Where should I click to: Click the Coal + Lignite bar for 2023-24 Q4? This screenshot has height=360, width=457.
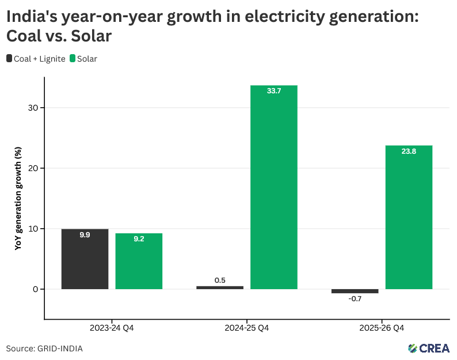[85, 259]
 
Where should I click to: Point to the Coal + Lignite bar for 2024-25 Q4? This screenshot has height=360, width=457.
[220, 287]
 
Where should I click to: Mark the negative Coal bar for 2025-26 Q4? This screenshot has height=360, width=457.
[355, 291]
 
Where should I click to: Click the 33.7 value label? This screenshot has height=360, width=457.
[273, 91]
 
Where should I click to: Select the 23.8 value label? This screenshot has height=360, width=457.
[409, 151]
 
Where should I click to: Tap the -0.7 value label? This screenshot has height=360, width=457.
[355, 299]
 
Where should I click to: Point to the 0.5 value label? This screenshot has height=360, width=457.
[220, 280]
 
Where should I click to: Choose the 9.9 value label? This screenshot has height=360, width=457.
[85, 235]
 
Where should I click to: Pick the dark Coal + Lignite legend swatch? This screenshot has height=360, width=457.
[9, 58]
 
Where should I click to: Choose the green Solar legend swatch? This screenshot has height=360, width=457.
[73, 58]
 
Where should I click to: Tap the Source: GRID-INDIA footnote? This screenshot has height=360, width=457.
[44, 348]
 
